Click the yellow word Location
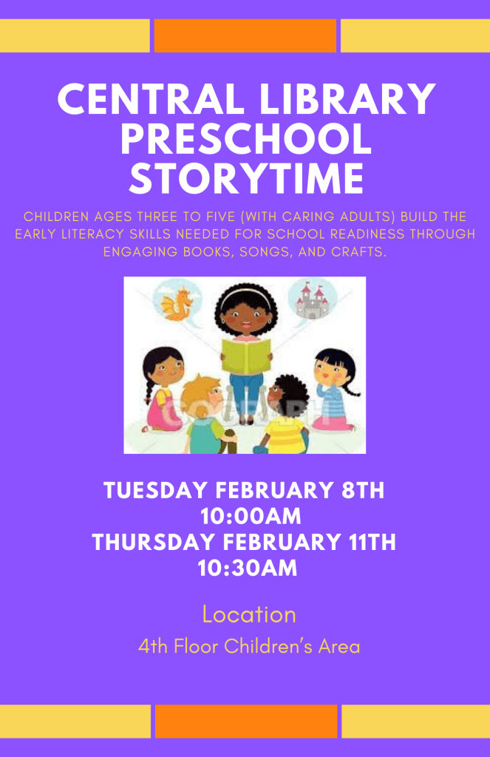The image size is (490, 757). point(249,614)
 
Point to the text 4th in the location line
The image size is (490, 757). point(153,647)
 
